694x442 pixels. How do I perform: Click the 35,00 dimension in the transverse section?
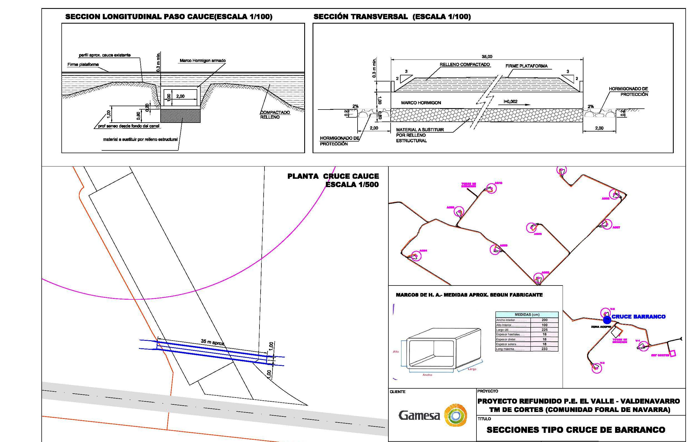(487, 56)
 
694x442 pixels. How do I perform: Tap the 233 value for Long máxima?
(545, 349)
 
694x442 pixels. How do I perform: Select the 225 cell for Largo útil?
(545, 329)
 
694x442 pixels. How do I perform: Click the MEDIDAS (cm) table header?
(527, 315)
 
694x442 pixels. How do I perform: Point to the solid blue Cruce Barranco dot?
(607, 320)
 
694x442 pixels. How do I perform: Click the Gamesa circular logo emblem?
(456, 415)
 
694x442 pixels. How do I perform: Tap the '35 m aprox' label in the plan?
(213, 342)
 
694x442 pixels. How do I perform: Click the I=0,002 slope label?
(510, 102)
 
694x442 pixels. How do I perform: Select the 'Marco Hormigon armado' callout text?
(203, 61)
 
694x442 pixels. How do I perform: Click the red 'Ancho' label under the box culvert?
(427, 375)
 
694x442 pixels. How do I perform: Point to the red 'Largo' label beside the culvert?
(472, 369)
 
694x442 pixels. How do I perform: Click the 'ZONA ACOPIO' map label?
(601, 327)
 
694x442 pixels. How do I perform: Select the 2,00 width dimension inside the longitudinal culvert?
(180, 96)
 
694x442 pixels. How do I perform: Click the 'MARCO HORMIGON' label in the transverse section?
(421, 103)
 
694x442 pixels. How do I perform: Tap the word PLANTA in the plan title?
(303, 176)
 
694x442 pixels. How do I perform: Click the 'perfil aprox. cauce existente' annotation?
(105, 55)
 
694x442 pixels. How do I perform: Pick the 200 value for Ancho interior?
(545, 320)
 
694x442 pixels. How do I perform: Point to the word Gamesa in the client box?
(419, 416)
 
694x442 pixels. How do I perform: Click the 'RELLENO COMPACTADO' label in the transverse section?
(465, 64)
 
